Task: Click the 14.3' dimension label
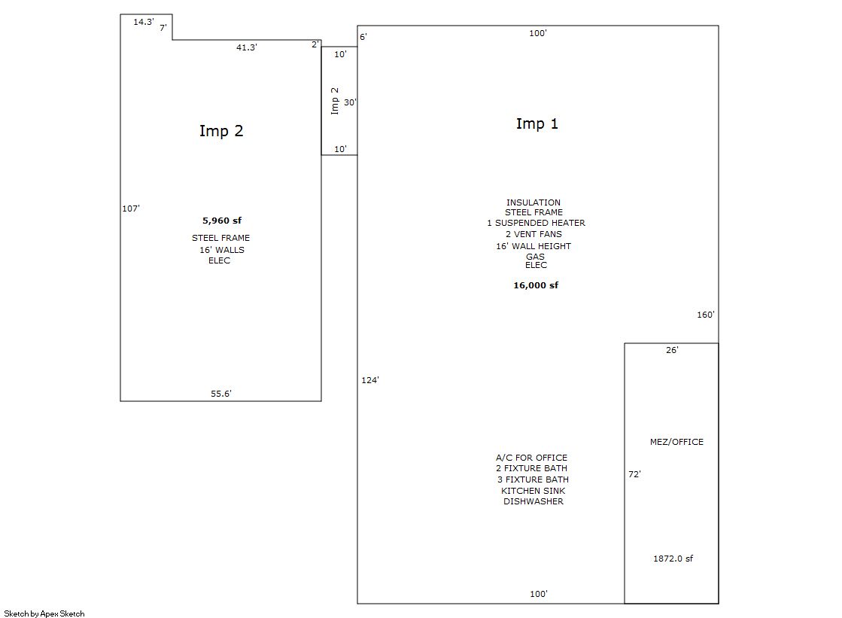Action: pyautogui.click(x=144, y=22)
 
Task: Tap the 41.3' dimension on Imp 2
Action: pyautogui.click(x=247, y=47)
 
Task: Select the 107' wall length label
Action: pyautogui.click(x=130, y=209)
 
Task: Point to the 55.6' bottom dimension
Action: pyautogui.click(x=220, y=394)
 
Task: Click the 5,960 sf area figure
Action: pyautogui.click(x=222, y=221)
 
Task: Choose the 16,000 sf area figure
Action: pyautogui.click(x=536, y=285)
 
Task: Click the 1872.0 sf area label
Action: pyautogui.click(x=673, y=559)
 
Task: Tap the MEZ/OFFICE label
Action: pyautogui.click(x=676, y=442)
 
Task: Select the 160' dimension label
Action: pyautogui.click(x=706, y=315)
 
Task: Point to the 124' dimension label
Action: pyautogui.click(x=370, y=380)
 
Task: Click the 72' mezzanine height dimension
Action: pyautogui.click(x=635, y=474)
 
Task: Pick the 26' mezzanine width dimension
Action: pyautogui.click(x=672, y=350)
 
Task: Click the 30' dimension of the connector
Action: pyautogui.click(x=350, y=102)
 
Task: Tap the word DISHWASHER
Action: pyautogui.click(x=533, y=501)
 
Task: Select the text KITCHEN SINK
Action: pyautogui.click(x=533, y=491)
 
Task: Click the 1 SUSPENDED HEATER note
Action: pyautogui.click(x=536, y=223)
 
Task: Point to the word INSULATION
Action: pyautogui.click(x=533, y=202)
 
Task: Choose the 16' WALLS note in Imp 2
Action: pyautogui.click(x=222, y=250)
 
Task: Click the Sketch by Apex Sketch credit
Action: pyautogui.click(x=44, y=613)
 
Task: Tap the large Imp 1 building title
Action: pyautogui.click(x=537, y=123)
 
